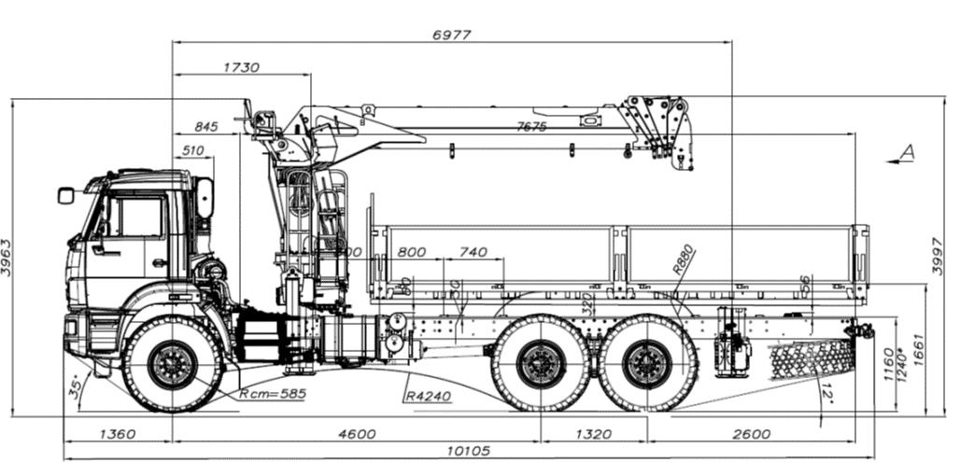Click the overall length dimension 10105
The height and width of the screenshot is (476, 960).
(469, 451)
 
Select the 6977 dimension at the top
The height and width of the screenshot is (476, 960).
(452, 35)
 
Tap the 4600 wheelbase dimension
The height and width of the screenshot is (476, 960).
(357, 434)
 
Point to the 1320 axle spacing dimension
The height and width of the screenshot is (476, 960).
(594, 434)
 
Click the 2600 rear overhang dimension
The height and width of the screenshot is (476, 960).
(752, 434)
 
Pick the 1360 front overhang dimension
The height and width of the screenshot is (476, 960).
(117, 434)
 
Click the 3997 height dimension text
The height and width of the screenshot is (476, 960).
(939, 257)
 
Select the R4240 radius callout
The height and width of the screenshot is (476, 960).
(429, 396)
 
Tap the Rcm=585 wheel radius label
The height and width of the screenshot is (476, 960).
(274, 393)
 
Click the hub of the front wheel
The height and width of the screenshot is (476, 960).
(173, 364)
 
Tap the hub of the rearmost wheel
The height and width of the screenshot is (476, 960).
(648, 364)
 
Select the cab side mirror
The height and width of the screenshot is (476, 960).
(65, 195)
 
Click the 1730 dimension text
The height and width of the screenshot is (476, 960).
(242, 67)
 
